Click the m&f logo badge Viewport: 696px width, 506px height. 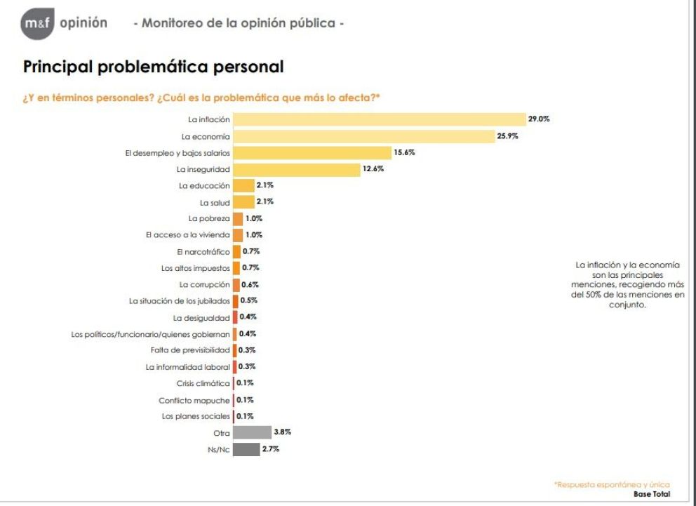click(x=36, y=25)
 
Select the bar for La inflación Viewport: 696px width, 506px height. click(x=379, y=119)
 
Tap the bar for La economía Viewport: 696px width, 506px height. click(x=363, y=136)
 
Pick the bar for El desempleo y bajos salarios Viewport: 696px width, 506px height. click(x=312, y=152)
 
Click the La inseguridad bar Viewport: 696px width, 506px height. click(x=296, y=169)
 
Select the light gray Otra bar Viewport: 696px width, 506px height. click(x=252, y=432)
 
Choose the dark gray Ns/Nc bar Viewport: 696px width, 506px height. click(x=246, y=449)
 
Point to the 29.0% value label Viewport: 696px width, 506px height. click(x=539, y=119)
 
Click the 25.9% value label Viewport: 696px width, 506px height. click(x=507, y=136)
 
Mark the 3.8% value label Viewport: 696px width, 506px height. click(x=282, y=432)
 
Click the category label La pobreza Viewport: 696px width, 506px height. click(x=210, y=218)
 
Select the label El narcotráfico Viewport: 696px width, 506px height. click(x=203, y=251)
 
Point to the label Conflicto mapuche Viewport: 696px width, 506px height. click(x=194, y=400)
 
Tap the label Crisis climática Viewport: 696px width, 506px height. click(x=203, y=383)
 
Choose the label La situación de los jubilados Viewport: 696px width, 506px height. click(x=179, y=301)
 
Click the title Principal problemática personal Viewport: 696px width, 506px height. click(x=154, y=67)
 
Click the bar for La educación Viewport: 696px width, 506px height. click(x=243, y=185)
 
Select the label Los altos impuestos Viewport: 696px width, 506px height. click(x=195, y=268)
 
